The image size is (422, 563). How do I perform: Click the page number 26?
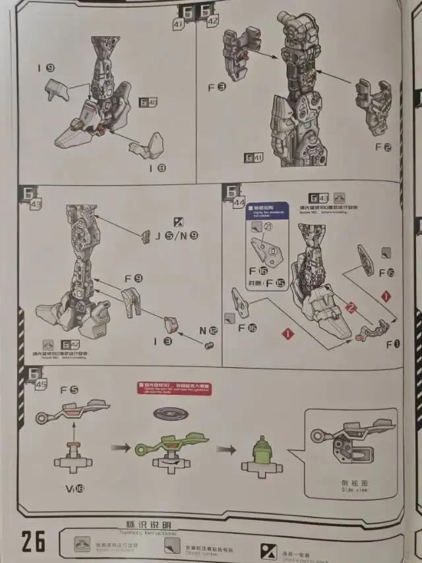pyautogui.click(x=33, y=541)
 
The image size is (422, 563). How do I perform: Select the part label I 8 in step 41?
pyautogui.click(x=157, y=168)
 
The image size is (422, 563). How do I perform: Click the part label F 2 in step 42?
pyautogui.click(x=383, y=147)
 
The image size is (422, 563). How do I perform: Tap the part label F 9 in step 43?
pyautogui.click(x=134, y=278)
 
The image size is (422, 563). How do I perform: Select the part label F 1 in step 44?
pyautogui.click(x=393, y=343)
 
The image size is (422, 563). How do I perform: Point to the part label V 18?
pyautogui.click(x=75, y=489)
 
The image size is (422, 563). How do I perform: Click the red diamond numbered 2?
pyautogui.click(x=351, y=307)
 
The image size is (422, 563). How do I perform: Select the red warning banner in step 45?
pyautogui.click(x=174, y=388)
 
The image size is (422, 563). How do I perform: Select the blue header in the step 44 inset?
pyautogui.click(x=267, y=210)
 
